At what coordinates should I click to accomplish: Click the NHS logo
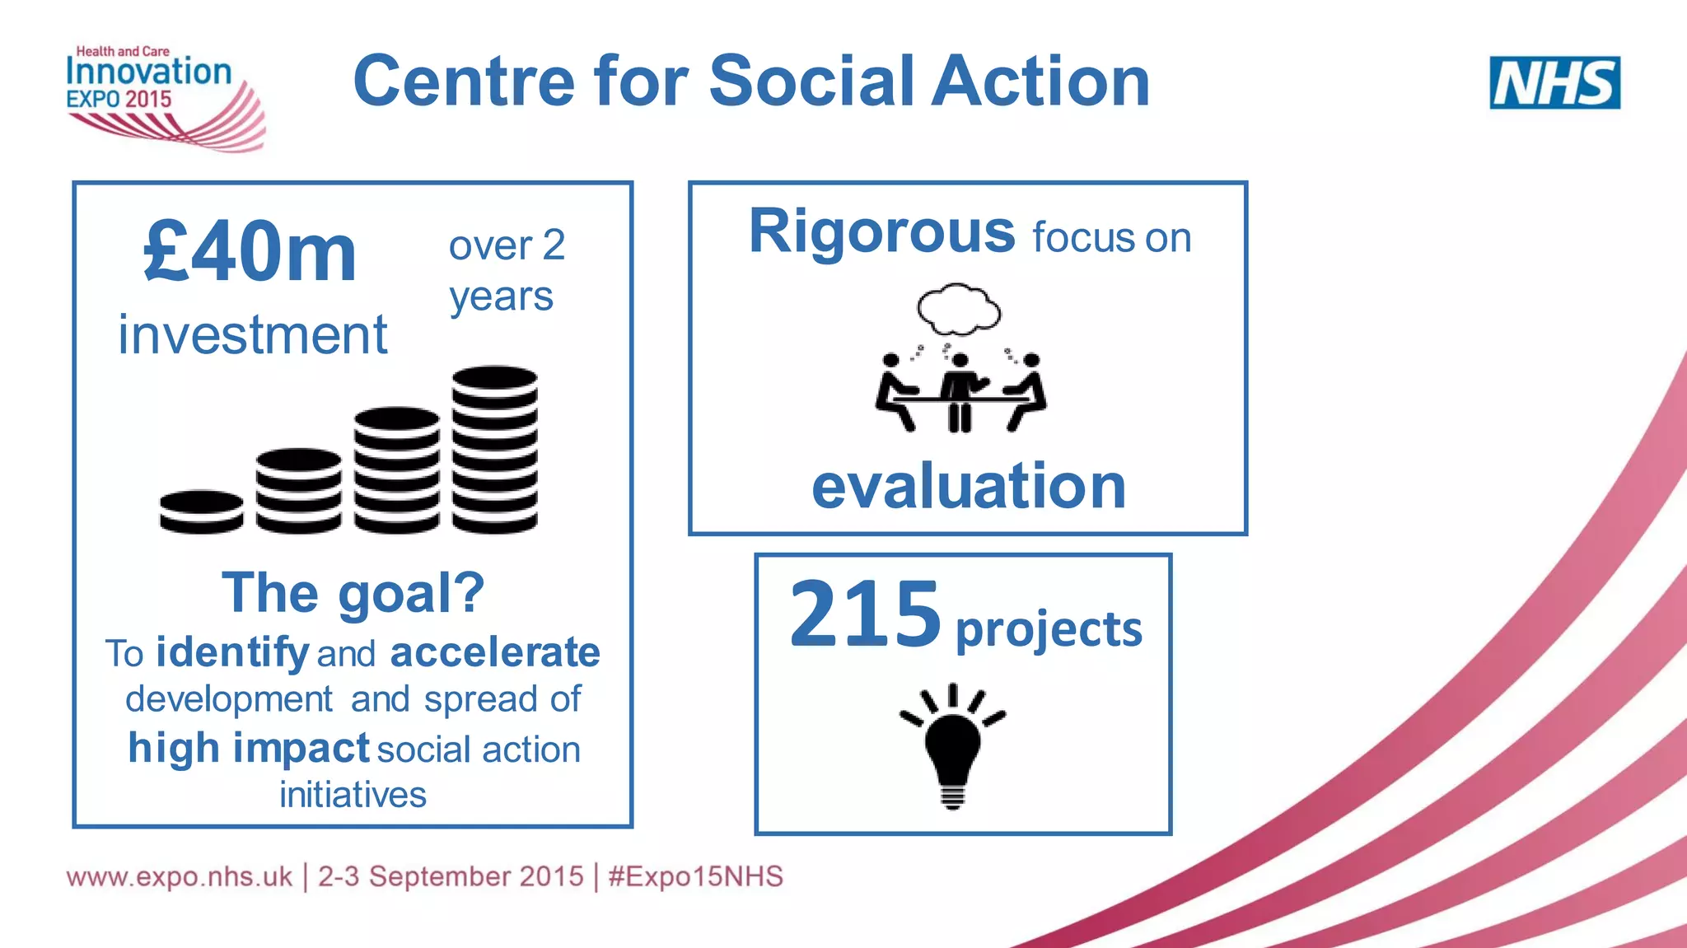click(1554, 82)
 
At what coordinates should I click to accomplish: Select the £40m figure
click(250, 252)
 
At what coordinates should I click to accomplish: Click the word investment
click(252, 335)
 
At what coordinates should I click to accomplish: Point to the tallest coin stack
click(494, 449)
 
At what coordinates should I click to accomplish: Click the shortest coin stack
click(201, 511)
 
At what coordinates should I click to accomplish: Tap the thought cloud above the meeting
click(959, 308)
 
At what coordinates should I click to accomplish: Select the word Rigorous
click(881, 232)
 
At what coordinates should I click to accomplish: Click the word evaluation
click(968, 486)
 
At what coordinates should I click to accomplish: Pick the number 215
click(864, 614)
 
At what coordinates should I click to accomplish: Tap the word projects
click(1049, 630)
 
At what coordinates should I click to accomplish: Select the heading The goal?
click(353, 593)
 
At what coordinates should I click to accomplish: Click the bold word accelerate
click(494, 653)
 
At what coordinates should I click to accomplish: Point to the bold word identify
click(232, 653)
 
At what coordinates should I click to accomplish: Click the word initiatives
click(353, 795)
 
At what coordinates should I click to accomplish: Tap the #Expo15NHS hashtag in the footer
click(695, 876)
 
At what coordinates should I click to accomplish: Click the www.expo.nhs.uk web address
click(179, 876)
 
